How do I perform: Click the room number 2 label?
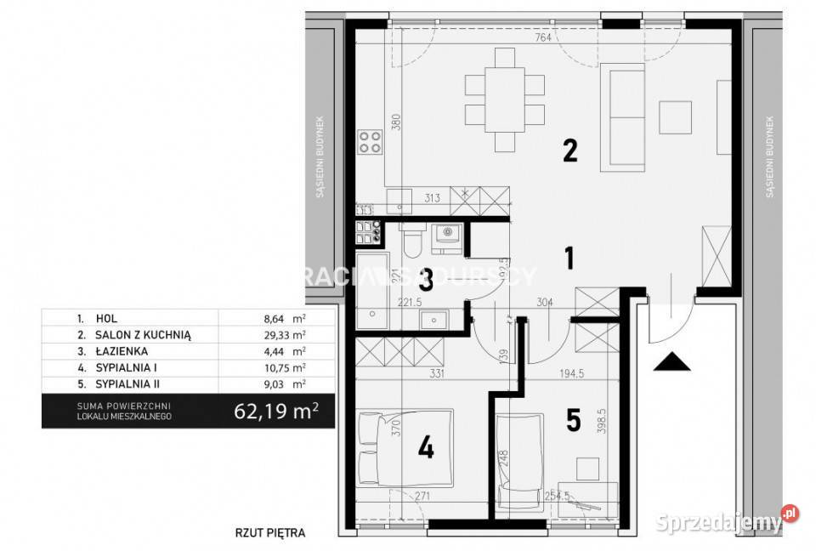click(x=569, y=151)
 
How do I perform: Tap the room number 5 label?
click(x=574, y=420)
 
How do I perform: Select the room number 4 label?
click(x=425, y=447)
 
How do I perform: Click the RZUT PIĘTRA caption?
click(x=269, y=534)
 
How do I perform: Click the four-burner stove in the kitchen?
click(x=370, y=142)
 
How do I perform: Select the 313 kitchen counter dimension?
click(x=433, y=198)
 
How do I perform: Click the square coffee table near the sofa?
click(x=677, y=118)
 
